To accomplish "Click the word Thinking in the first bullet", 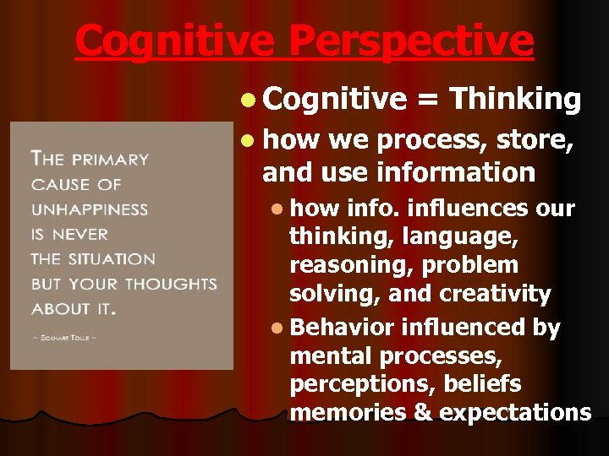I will [x=515, y=100].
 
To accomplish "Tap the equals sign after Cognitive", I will [x=428, y=100].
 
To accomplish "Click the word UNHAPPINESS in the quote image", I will [x=89, y=209].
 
